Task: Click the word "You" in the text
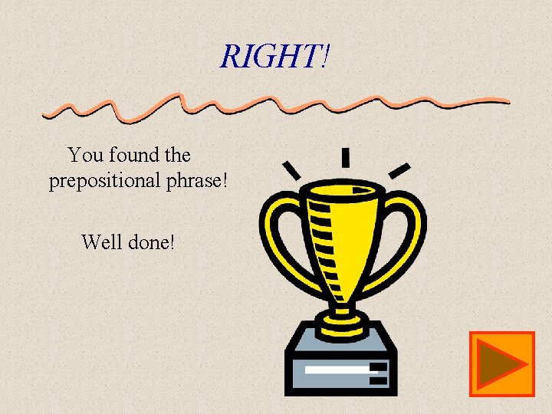(86, 156)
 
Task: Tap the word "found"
(133, 156)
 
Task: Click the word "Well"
(101, 243)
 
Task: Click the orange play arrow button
(501, 364)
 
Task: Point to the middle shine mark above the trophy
(345, 158)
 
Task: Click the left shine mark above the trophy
(291, 169)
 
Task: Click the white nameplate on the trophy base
(337, 370)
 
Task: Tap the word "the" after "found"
(177, 156)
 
